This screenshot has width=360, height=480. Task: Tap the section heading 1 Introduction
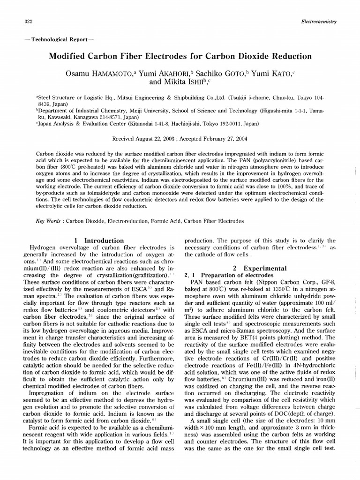(x=99, y=240)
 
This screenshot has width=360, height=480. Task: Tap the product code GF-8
(x=325, y=282)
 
